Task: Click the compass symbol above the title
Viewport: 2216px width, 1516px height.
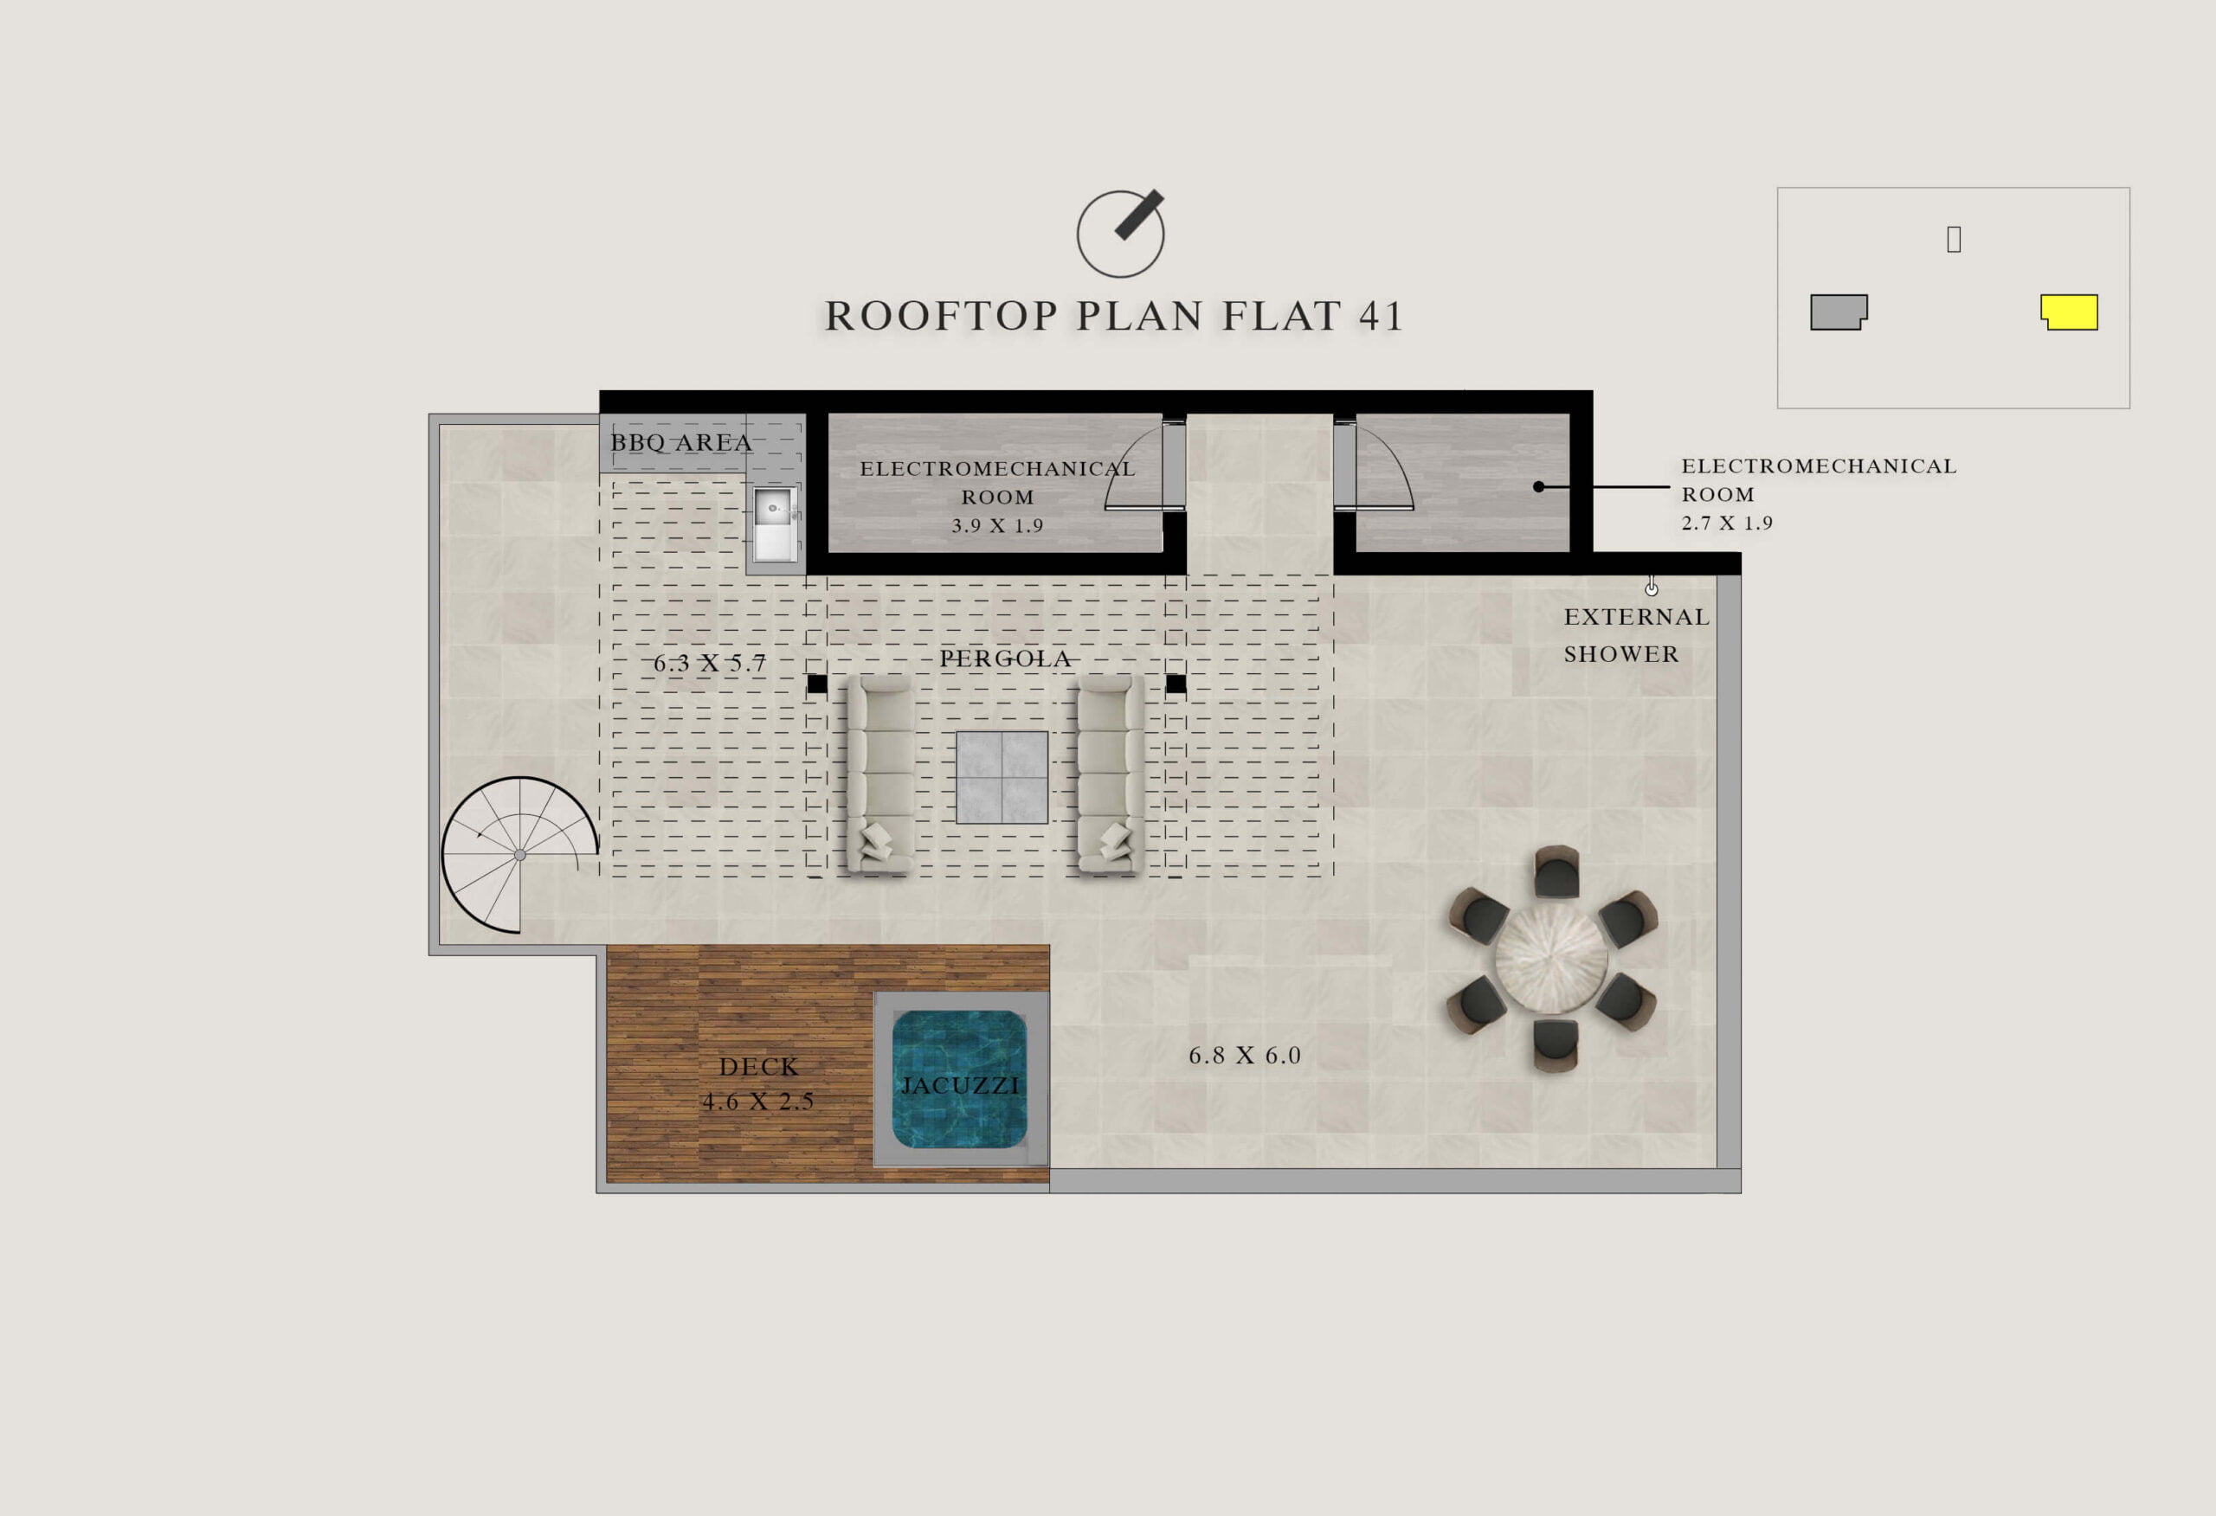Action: (1121, 233)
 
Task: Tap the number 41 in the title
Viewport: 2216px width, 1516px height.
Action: (1380, 317)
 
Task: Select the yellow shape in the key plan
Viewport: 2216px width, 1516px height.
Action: (2069, 312)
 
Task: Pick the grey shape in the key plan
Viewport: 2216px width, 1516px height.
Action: (1839, 312)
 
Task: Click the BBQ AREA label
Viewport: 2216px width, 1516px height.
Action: (681, 442)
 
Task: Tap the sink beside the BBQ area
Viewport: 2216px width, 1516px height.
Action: (773, 524)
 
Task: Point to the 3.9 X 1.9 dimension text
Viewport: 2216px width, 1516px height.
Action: (997, 525)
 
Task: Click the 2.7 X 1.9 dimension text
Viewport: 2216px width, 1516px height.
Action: (1727, 523)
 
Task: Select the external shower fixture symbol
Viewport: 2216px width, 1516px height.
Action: (1652, 587)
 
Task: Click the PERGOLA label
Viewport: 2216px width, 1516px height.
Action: (1005, 658)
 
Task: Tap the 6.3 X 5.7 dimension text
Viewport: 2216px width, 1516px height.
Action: (710, 664)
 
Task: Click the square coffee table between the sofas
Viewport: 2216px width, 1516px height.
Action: (1002, 777)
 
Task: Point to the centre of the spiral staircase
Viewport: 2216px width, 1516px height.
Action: (519, 855)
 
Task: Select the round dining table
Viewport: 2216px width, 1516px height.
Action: (1551, 958)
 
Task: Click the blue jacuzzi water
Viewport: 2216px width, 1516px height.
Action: (959, 1079)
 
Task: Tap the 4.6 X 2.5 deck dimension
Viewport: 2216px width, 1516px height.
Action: (758, 1102)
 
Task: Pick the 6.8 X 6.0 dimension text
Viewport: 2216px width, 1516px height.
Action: (1245, 1056)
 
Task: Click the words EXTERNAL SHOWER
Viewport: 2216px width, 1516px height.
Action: (1636, 635)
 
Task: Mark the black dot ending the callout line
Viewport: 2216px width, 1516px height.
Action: (1538, 487)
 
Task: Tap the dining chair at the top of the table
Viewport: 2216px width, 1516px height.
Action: (1556, 872)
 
